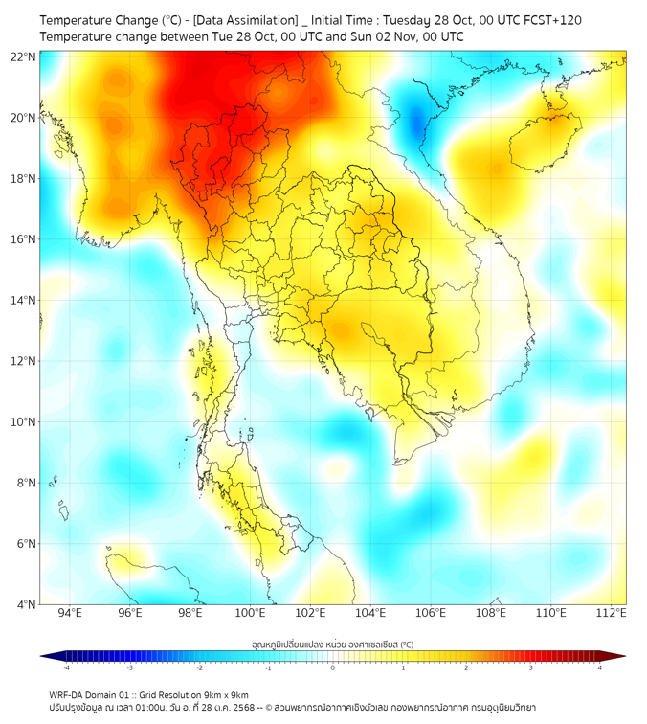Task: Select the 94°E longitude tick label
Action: coord(70,613)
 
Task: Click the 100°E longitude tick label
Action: coord(250,613)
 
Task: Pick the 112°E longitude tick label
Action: coord(612,613)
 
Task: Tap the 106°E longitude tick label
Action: coord(431,613)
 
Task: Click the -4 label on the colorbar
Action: coord(65,667)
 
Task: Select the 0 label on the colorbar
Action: coord(333,667)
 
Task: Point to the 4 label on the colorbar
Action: coord(600,667)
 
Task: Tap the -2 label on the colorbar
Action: coord(198,667)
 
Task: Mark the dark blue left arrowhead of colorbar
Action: coord(47,656)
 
